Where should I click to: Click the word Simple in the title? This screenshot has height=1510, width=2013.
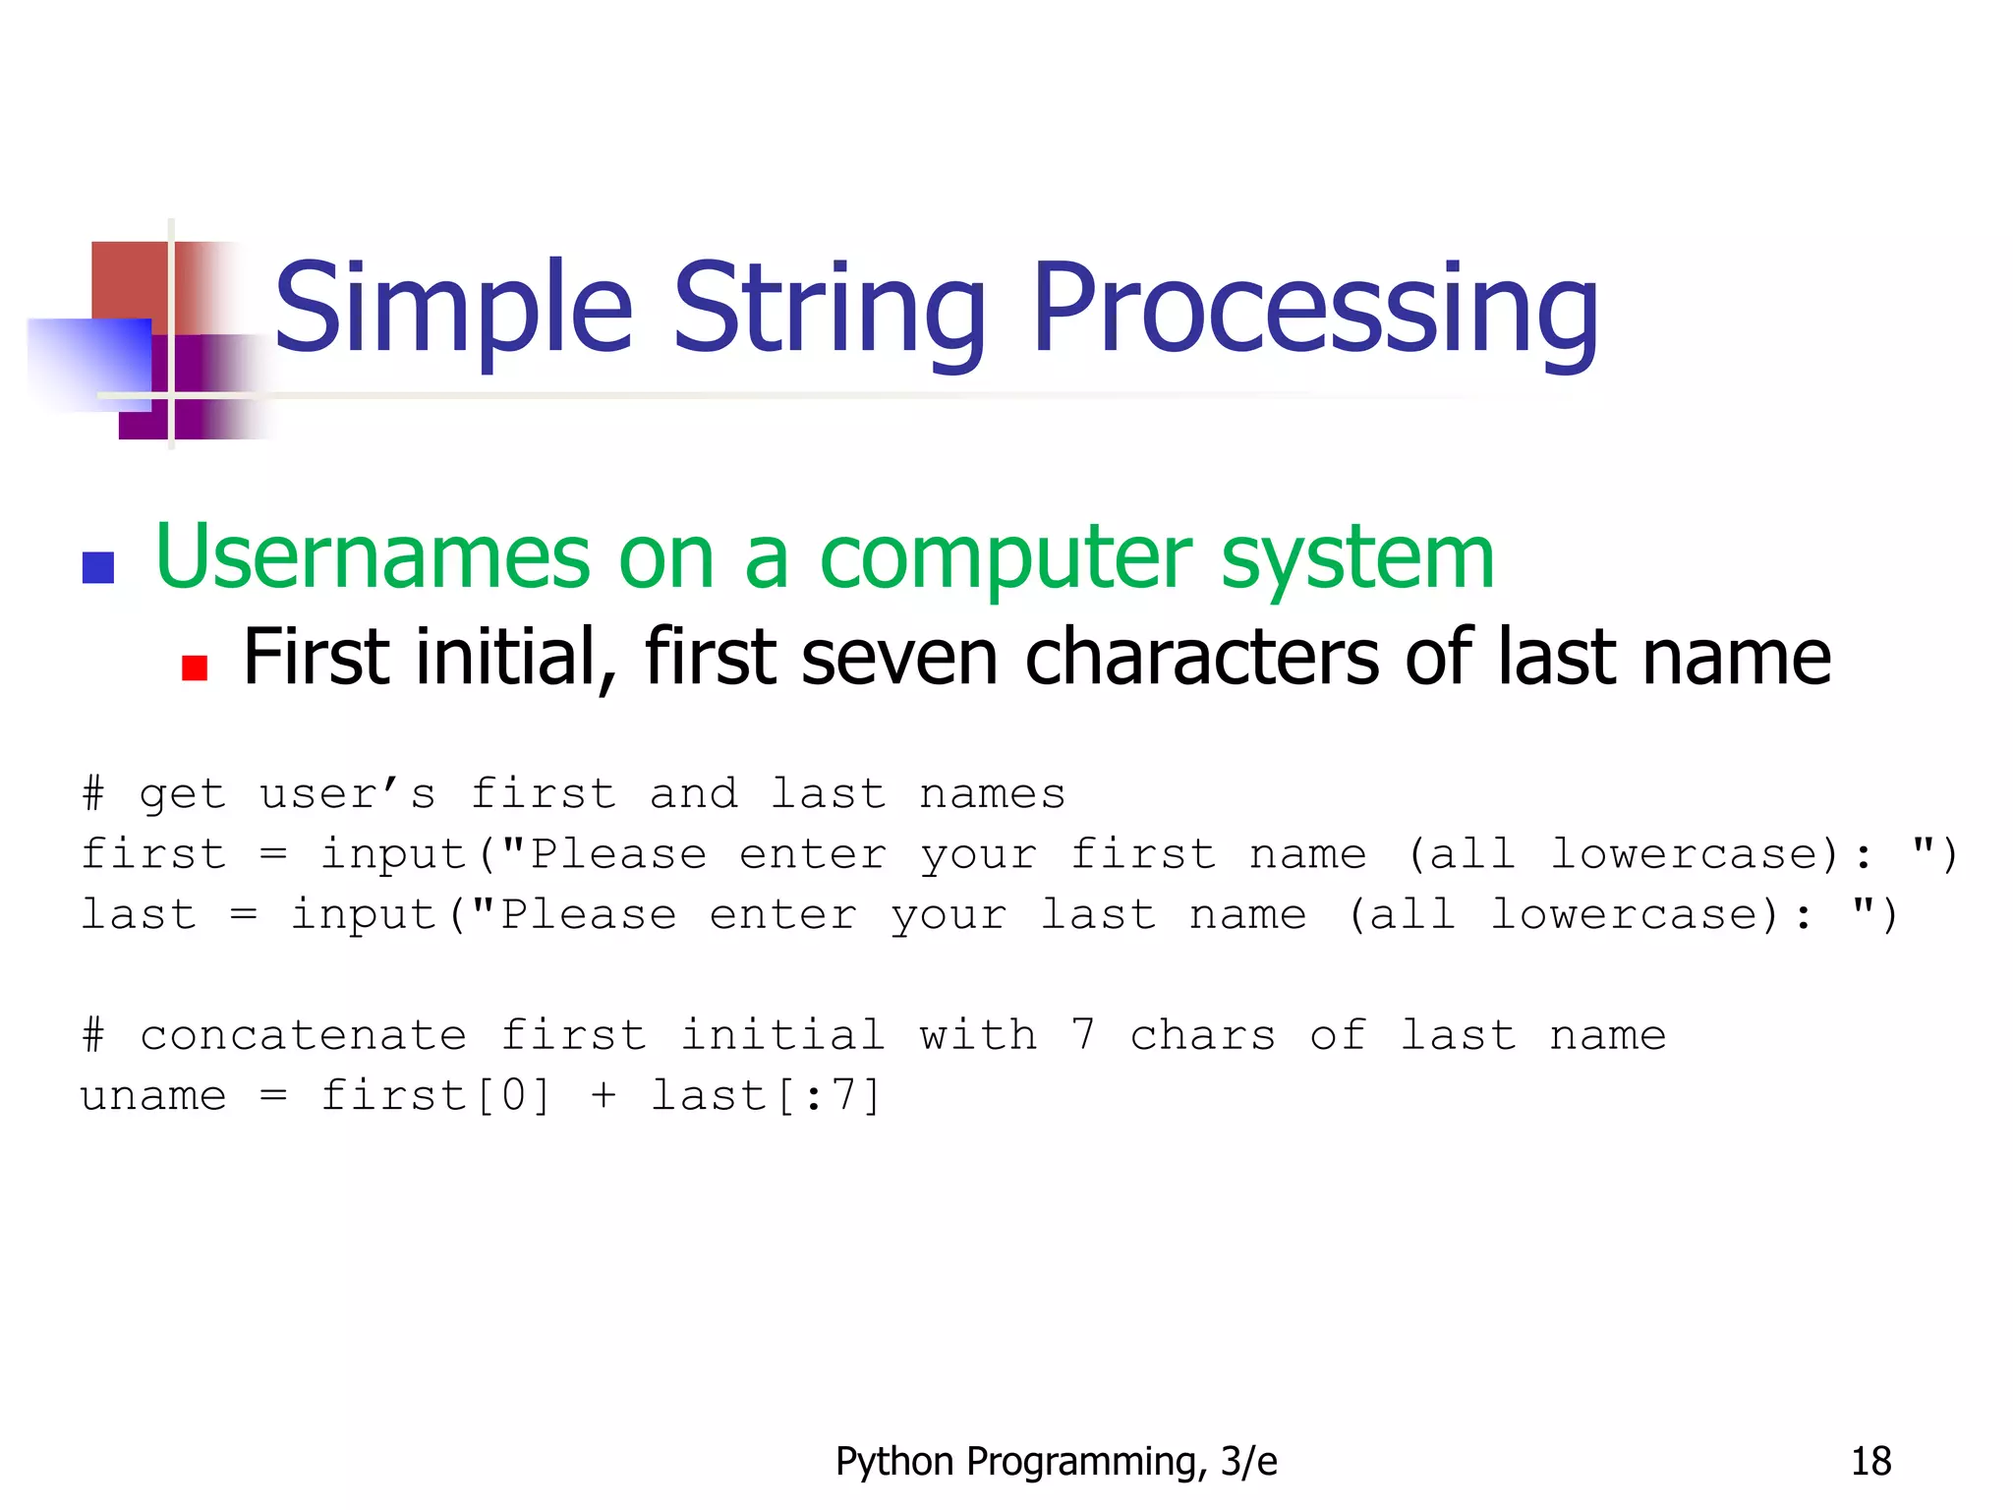pyautogui.click(x=452, y=310)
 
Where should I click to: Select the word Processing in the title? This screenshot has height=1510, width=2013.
pyautogui.click(x=1314, y=310)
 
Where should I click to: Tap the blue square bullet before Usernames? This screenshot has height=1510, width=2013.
pyautogui.click(x=98, y=567)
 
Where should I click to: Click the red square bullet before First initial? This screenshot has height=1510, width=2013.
pyautogui.click(x=195, y=668)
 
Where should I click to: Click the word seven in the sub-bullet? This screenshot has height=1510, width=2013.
pyautogui.click(x=899, y=658)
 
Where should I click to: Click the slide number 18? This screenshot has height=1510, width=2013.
pyautogui.click(x=1870, y=1462)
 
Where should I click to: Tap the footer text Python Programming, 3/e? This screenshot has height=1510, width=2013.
pyautogui.click(x=1056, y=1462)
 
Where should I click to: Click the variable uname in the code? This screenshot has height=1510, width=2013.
pyautogui.click(x=153, y=1095)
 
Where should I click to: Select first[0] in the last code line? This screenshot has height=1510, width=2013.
pyautogui.click(x=435, y=1095)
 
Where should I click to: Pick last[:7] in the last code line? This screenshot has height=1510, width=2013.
pyautogui.click(x=766, y=1095)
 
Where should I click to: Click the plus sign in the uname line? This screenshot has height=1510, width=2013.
pyautogui.click(x=604, y=1095)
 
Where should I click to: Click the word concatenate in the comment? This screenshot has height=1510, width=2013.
pyautogui.click(x=303, y=1035)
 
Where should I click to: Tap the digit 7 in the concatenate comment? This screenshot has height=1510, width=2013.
pyautogui.click(x=1082, y=1035)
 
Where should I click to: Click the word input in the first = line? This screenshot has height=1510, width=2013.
pyautogui.click(x=393, y=854)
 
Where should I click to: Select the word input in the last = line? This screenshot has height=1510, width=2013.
pyautogui.click(x=363, y=915)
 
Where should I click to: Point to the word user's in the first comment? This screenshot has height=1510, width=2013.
pyautogui.click(x=347, y=794)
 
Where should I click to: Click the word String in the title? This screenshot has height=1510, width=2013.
pyautogui.click(x=829, y=310)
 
